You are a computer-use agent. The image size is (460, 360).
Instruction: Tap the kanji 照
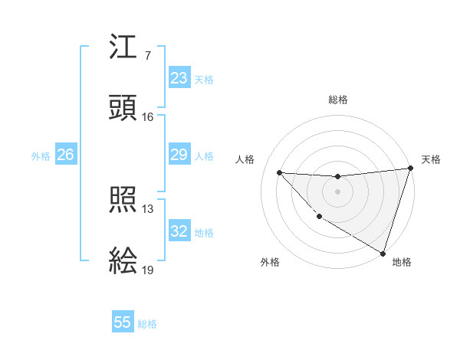click(x=123, y=201)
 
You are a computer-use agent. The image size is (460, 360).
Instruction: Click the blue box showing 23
click(x=179, y=78)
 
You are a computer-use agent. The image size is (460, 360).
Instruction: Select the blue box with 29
click(x=179, y=155)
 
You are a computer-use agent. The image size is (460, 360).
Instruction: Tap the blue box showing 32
click(x=179, y=231)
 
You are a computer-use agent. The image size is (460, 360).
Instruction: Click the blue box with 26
click(x=65, y=155)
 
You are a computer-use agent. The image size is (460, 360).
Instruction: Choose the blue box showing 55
click(x=123, y=322)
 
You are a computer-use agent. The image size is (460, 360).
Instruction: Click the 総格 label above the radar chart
click(x=338, y=100)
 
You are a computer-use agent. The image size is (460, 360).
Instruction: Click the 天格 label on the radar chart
click(x=431, y=159)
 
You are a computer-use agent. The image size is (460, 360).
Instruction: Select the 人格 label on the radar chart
click(x=245, y=159)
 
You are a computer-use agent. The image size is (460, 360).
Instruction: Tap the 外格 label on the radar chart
click(x=270, y=262)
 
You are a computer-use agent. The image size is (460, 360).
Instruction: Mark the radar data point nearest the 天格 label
click(x=410, y=169)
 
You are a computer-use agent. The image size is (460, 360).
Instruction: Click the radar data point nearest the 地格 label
click(x=383, y=253)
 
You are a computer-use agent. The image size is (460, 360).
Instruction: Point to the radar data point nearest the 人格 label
click(x=280, y=172)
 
